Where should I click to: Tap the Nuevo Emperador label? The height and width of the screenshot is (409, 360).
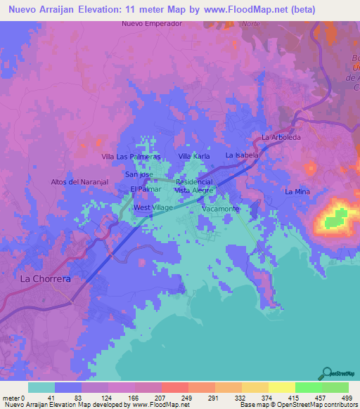point(152,23)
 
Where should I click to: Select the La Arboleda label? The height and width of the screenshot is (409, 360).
point(281,137)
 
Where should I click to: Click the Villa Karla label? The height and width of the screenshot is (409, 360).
point(195,156)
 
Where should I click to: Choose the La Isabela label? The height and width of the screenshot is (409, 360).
point(243,155)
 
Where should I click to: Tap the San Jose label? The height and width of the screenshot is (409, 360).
point(139,174)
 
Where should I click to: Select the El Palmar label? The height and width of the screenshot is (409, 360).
point(146,190)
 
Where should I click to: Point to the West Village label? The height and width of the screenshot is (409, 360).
point(153,209)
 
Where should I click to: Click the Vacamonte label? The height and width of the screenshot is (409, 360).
point(221,209)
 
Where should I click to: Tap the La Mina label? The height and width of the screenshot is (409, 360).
point(297,192)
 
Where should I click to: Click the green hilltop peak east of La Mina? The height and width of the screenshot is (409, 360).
point(338,217)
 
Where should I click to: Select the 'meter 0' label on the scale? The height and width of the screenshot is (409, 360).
point(13,398)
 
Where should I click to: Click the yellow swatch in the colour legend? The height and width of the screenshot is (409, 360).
point(281,387)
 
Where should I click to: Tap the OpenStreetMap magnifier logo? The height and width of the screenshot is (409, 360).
point(326,372)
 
